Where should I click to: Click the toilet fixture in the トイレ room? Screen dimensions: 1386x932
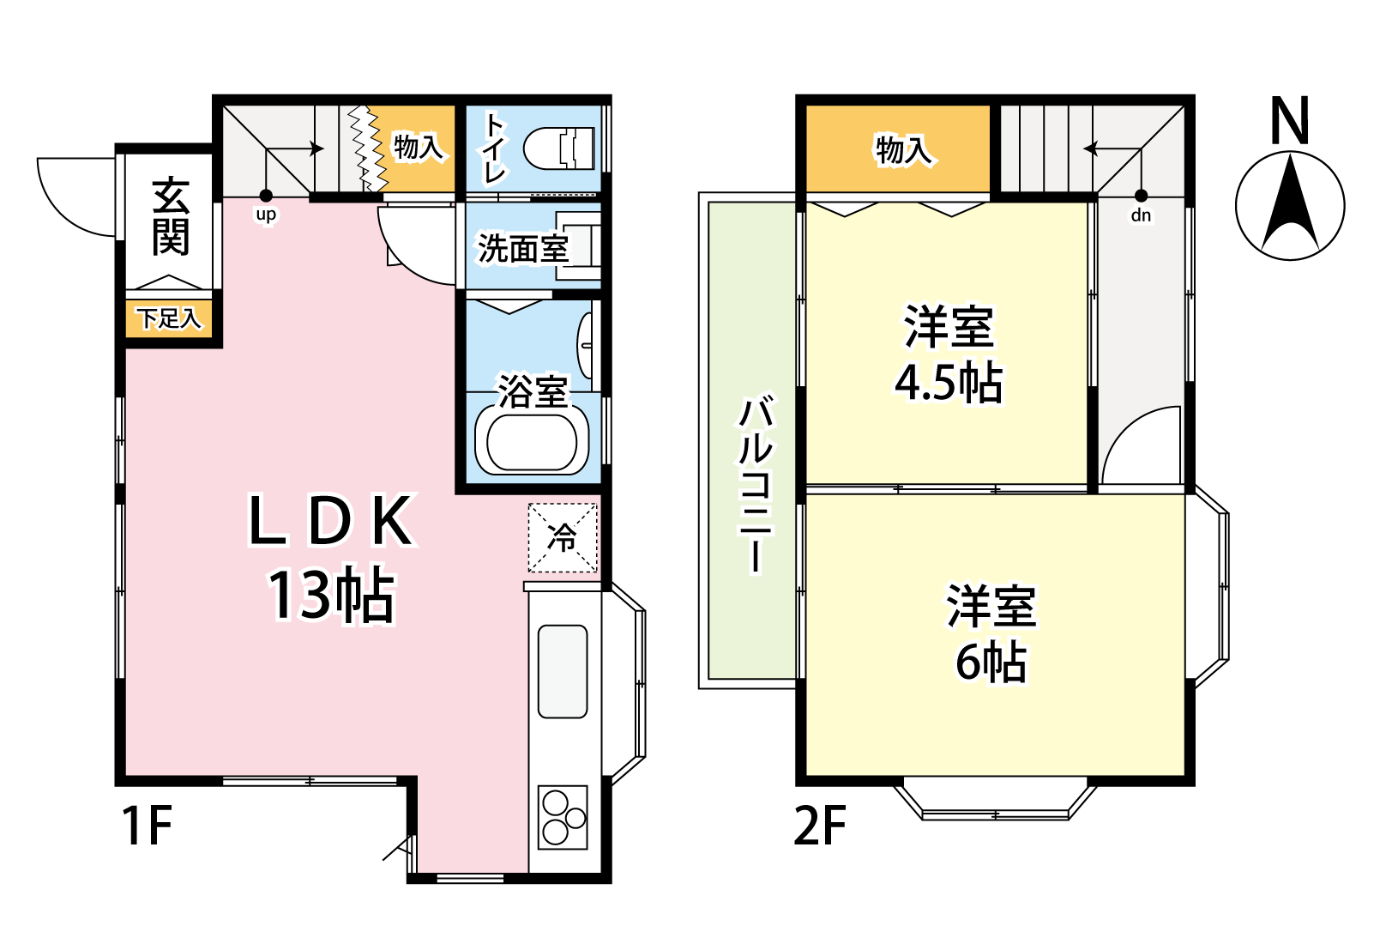558,148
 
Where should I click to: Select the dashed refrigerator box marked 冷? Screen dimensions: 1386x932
563,537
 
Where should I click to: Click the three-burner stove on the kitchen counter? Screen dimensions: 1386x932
563,818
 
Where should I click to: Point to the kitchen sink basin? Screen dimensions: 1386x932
563,672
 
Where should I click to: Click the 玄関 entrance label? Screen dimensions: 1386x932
170,216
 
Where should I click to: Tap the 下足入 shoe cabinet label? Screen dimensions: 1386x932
169,318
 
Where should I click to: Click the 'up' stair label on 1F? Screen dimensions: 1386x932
266,215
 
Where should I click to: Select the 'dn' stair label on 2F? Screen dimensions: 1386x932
1141,215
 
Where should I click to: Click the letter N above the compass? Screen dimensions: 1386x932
1289,120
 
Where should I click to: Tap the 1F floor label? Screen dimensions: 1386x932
147,825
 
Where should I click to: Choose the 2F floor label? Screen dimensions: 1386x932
820,825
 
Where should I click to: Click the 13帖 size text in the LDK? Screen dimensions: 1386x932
331,595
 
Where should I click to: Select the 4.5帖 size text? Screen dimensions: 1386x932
949,382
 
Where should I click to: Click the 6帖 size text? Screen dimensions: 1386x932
991,662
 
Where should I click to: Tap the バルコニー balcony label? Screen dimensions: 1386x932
755,483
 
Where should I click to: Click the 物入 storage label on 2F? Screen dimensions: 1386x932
903,150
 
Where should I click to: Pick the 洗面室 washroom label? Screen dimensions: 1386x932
523,249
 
